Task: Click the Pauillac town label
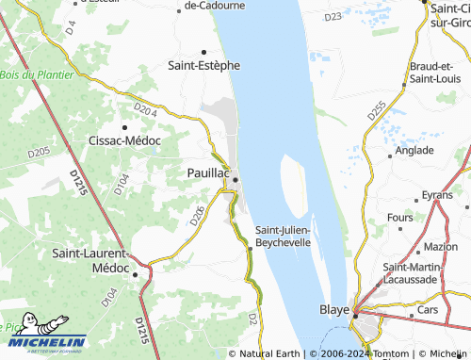(207, 173)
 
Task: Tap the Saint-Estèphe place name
(203, 66)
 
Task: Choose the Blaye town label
(333, 309)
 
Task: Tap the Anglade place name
(414, 150)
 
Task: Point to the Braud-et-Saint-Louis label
(433, 73)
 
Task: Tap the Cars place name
(429, 309)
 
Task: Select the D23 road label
(332, 17)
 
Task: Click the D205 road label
(39, 151)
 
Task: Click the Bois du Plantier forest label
(38, 74)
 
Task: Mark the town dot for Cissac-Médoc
(124, 126)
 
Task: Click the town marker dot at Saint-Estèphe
(203, 52)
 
